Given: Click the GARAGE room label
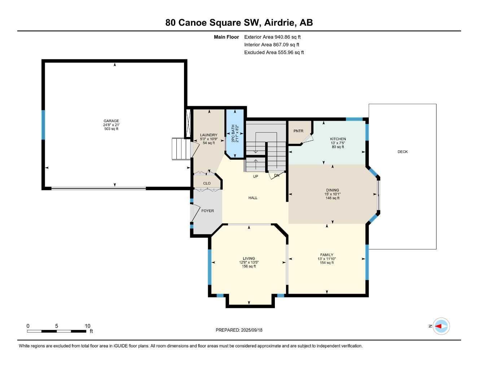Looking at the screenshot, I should (111, 121).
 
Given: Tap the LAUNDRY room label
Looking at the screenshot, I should (209, 135).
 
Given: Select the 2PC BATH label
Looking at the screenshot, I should (233, 134).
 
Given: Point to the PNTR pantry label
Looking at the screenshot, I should (298, 131).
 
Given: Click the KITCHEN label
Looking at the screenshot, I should (338, 139).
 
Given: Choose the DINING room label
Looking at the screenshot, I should (332, 190).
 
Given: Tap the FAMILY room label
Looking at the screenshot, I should (326, 255).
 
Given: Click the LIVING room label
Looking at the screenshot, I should (249, 258).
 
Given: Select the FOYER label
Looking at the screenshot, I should (207, 211).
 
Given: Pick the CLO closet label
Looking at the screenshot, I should (207, 183).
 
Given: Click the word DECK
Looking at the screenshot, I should (403, 152).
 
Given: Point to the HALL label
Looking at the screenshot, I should (253, 198).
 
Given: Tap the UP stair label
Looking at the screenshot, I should (255, 176).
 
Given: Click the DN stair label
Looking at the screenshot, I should (277, 175).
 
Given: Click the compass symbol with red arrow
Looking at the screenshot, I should (441, 326).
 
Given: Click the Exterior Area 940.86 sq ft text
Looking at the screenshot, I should (272, 37).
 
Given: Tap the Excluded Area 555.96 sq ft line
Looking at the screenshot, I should (274, 52).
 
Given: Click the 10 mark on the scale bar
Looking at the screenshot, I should (87, 326).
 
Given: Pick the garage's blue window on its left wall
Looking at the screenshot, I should (43, 125).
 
